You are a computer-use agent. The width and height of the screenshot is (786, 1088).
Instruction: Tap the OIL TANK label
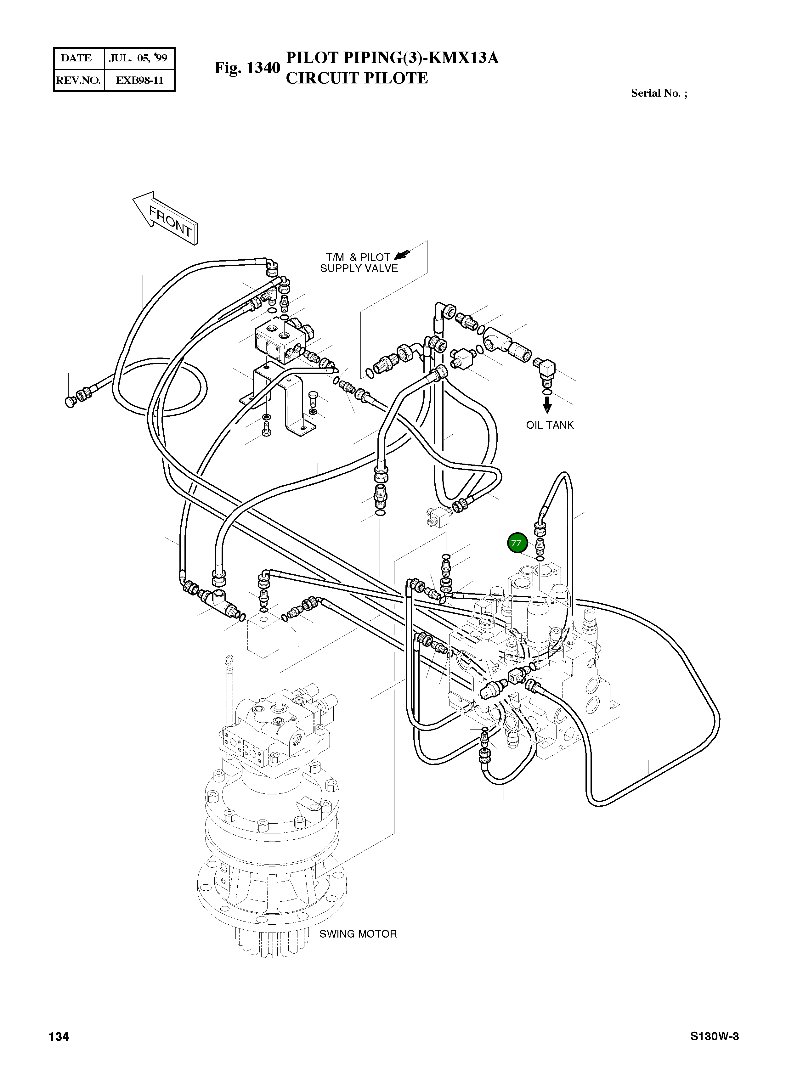(549, 425)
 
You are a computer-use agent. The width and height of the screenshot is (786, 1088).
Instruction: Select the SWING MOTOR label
(358, 934)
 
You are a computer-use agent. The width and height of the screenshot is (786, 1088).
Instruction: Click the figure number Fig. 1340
(247, 68)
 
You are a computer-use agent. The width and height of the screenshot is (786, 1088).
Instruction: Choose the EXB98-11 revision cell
(139, 80)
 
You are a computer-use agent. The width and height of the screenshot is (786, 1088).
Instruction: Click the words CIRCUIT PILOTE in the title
(357, 78)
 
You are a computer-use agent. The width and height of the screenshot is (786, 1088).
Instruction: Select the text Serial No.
(655, 93)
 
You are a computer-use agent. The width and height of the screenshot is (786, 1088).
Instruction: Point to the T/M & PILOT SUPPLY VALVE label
(359, 263)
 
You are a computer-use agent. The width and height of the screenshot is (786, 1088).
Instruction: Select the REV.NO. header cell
(78, 80)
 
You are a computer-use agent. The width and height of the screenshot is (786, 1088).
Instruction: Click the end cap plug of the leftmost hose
(70, 401)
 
